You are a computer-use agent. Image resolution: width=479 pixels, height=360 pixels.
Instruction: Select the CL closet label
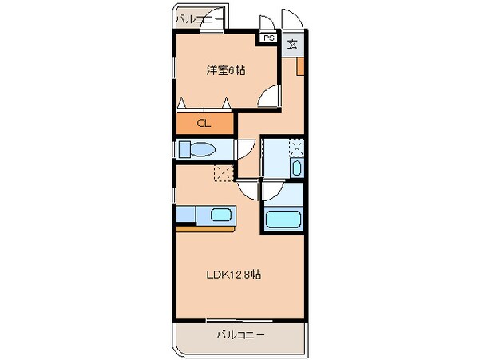(x=204, y=123)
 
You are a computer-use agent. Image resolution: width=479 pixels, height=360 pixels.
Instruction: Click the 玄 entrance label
(x=293, y=43)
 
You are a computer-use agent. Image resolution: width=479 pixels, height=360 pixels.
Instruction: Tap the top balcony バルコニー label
(x=200, y=18)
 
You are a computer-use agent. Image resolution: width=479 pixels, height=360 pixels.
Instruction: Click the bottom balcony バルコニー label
(x=240, y=335)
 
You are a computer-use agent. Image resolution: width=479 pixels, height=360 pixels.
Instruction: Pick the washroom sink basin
(x=296, y=168)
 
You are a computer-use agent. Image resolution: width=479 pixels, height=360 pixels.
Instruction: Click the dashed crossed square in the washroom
(x=295, y=147)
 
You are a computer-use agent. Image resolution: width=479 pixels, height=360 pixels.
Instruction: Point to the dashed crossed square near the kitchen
(x=222, y=174)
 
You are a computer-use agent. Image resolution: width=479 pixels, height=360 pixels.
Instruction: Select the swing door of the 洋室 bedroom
(x=272, y=98)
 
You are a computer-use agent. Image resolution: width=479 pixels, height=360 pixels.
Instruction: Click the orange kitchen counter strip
(x=204, y=228)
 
